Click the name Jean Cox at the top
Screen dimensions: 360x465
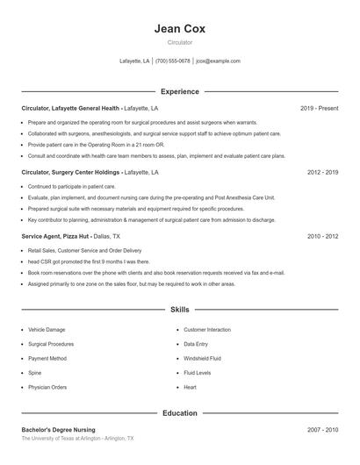[x=180, y=28]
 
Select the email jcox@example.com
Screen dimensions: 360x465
[x=218, y=61]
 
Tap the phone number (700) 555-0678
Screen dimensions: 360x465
[x=173, y=61]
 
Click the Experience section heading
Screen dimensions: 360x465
[x=180, y=91]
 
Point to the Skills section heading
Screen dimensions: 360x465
[x=180, y=310]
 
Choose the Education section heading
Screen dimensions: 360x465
[x=180, y=412]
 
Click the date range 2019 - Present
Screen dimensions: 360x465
[x=319, y=108]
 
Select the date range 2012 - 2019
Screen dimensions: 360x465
[x=322, y=173]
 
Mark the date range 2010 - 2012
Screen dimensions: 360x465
[x=322, y=237]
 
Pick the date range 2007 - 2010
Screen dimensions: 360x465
[x=322, y=430]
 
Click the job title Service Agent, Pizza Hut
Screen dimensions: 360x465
[x=54, y=237]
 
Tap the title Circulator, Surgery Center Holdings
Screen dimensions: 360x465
[x=71, y=173]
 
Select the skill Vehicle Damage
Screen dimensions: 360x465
[x=47, y=330]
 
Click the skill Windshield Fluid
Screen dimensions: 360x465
[x=202, y=358]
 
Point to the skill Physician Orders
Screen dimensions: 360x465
[x=47, y=387]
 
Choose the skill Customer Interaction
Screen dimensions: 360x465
[x=207, y=330]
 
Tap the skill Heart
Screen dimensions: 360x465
[x=190, y=387]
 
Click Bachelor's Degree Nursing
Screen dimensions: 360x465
[x=59, y=430]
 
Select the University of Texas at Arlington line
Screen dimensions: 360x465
[x=77, y=438]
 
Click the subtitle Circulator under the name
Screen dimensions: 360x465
[x=180, y=42]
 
